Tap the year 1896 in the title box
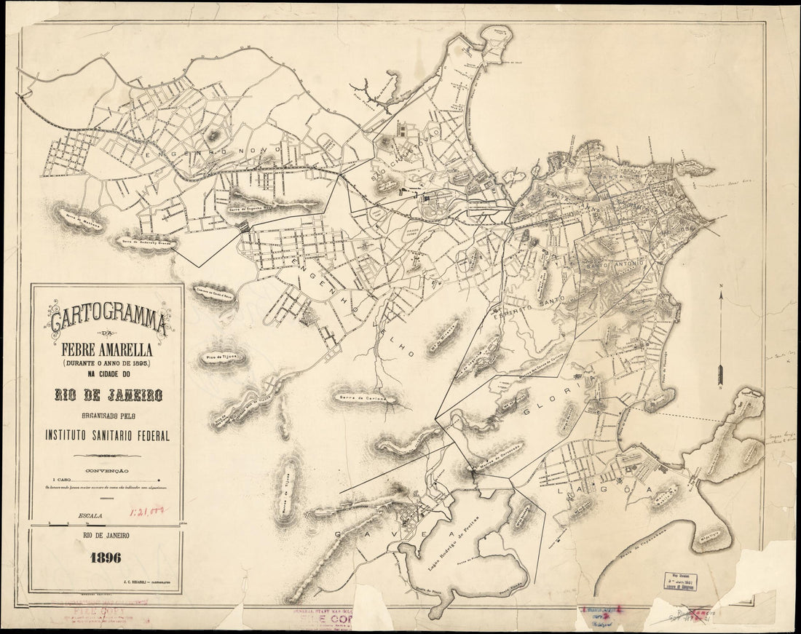point(106,559)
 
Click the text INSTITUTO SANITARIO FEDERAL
point(107,435)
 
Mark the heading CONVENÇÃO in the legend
point(107,471)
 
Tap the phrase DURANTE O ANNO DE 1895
point(107,362)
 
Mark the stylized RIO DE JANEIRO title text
point(107,395)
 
